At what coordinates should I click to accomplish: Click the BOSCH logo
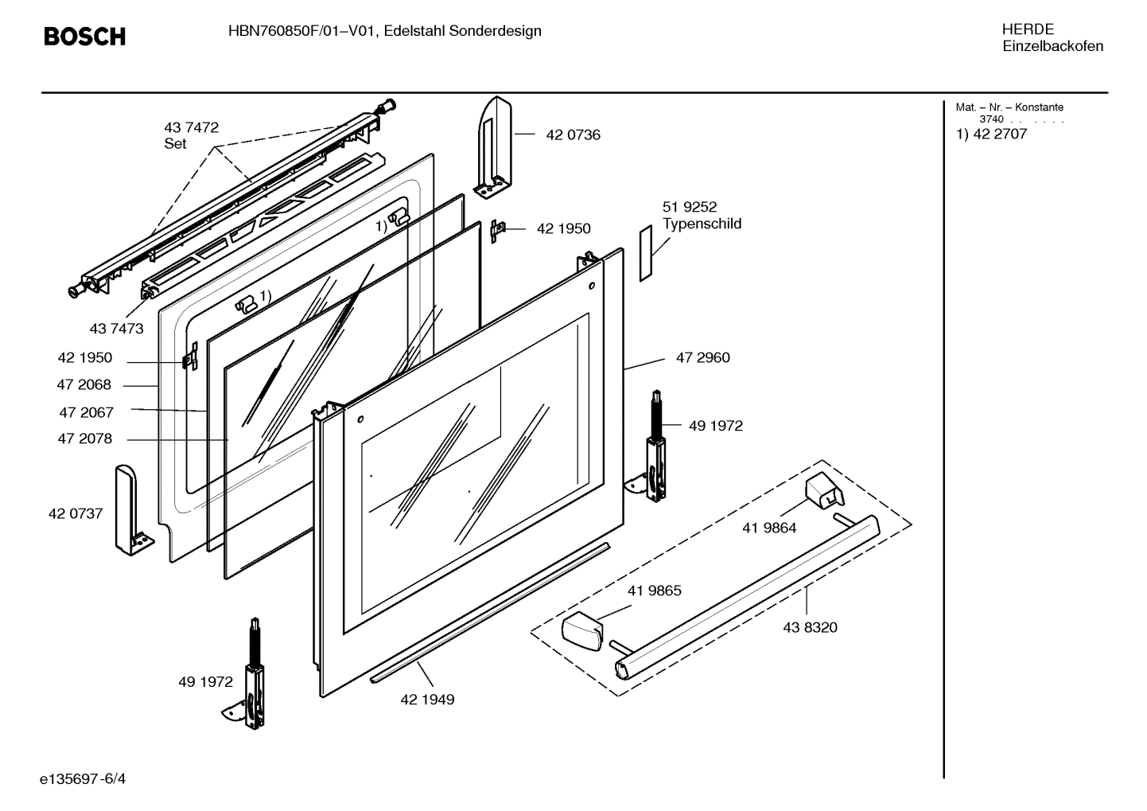pos(84,37)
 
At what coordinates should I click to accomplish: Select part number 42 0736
pos(573,135)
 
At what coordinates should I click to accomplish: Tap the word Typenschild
pos(702,224)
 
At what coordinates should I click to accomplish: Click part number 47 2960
pos(702,358)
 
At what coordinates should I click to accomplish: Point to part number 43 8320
pos(810,627)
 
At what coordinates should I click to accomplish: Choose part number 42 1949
pos(427,700)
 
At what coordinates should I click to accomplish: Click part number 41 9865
pos(654,591)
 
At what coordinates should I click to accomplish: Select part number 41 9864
pos(769,528)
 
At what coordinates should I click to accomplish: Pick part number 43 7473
pos(116,328)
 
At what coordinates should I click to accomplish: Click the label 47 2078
pos(84,439)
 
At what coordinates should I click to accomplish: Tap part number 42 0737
pos(76,513)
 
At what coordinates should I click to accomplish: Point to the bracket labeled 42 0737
pos(129,509)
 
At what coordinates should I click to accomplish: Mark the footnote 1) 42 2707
pos(991,134)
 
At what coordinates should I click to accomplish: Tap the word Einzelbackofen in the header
pos(1052,46)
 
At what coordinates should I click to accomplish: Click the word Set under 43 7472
pos(175,144)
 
